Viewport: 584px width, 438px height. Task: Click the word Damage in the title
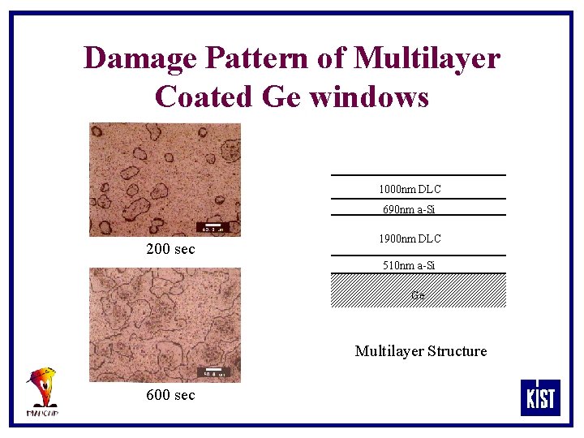139,58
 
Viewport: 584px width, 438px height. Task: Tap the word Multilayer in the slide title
427,58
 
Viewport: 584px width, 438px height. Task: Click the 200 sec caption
170,249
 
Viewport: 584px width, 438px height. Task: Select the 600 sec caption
170,395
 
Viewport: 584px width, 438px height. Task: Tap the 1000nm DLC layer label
410,189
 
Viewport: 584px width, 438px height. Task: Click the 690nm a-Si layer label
409,210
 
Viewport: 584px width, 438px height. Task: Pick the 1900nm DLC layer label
410,238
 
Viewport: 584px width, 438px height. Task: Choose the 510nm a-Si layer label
409,265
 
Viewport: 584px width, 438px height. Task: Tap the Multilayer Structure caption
421,351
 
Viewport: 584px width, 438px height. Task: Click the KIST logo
540,397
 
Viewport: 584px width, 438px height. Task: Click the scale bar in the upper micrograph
212,226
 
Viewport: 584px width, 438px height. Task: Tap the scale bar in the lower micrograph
213,372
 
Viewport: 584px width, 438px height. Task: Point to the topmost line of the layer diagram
418,174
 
